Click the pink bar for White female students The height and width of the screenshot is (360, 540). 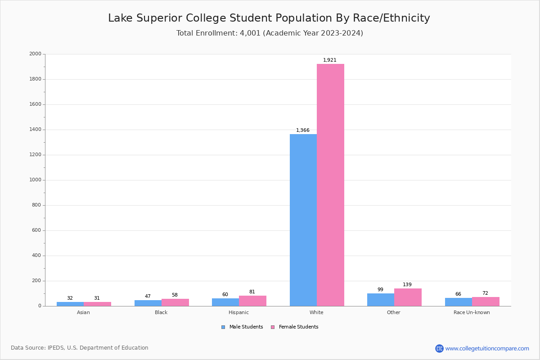click(x=330, y=184)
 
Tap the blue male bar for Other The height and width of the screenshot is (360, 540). click(x=380, y=300)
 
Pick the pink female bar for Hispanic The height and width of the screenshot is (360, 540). click(x=252, y=301)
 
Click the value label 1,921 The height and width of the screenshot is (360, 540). click(x=330, y=60)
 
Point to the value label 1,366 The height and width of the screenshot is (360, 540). click(x=303, y=130)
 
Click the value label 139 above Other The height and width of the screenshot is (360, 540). click(x=407, y=285)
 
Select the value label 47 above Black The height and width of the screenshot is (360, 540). click(x=148, y=297)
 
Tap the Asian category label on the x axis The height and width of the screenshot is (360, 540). click(x=83, y=312)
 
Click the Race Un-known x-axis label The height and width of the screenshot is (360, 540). click(x=472, y=312)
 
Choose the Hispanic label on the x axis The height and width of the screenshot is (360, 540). click(x=238, y=312)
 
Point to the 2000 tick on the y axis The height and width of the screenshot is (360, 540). click(x=35, y=54)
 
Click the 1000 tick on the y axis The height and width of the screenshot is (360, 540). click(x=35, y=180)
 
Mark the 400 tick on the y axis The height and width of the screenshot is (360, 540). click(x=36, y=256)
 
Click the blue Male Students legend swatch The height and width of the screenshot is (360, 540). click(x=223, y=327)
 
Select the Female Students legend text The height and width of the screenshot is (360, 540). click(x=298, y=327)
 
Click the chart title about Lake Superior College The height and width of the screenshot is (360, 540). click(x=269, y=18)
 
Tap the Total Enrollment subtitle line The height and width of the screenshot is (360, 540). click(x=270, y=33)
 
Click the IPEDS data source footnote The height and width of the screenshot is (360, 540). click(x=80, y=348)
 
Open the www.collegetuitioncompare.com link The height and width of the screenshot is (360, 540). click(x=487, y=348)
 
